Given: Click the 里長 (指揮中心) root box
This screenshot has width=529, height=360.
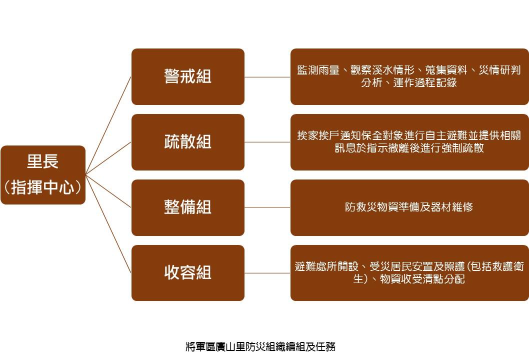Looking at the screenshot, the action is point(43,175).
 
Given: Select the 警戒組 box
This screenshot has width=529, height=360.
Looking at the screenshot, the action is point(188,76).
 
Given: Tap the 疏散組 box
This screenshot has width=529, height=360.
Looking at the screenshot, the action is point(188,142).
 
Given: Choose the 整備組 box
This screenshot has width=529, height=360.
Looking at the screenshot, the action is point(188,207).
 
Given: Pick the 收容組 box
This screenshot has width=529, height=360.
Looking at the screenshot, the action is point(188,273).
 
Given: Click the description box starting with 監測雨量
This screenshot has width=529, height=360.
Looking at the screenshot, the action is point(409,76).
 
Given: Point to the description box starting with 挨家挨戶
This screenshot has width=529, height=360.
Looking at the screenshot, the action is point(409,142).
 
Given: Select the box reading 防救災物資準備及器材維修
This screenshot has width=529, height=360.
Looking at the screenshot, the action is point(409,207).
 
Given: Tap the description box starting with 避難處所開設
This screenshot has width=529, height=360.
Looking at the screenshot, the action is point(409,273).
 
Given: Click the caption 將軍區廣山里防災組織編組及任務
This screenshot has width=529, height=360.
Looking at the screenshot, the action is point(260,346).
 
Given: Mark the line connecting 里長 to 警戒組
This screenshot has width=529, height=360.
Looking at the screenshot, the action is point(108,125).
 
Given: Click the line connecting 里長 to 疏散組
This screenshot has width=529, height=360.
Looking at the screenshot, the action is point(108,158).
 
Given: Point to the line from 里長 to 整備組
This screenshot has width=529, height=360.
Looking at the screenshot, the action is point(108,191).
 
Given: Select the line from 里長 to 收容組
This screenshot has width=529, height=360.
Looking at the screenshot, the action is point(108,223).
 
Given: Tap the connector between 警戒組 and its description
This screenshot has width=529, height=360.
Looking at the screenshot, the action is point(267,77).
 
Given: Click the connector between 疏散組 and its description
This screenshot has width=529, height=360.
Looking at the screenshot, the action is point(267,142).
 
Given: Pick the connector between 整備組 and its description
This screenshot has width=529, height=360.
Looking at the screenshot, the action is point(267,207).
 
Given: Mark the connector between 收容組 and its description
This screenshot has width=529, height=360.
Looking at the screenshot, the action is point(267,273).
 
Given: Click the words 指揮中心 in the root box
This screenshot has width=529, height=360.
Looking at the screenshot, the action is point(43,187).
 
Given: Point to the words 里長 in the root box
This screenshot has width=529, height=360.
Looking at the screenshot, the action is point(43,161).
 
